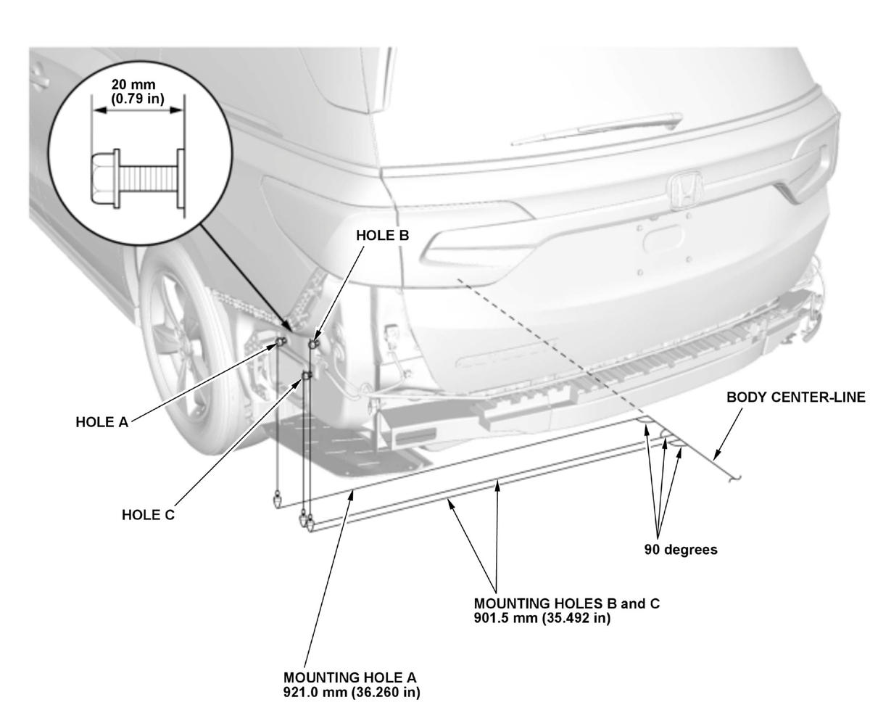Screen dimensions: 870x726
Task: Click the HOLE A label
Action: pos(102,422)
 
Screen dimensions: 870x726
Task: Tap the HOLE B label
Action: pos(383,236)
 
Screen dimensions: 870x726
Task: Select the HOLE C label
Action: pos(148,515)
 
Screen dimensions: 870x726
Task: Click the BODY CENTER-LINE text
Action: pos(796,397)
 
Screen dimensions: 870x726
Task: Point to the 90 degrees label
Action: pos(681,549)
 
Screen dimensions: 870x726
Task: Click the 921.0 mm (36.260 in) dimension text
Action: pos(352,692)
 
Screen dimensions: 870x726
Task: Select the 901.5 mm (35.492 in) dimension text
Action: pos(542,618)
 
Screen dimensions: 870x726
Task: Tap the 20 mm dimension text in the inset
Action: pos(133,85)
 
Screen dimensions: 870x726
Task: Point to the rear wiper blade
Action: pos(597,130)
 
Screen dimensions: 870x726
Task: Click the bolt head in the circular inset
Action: pos(105,178)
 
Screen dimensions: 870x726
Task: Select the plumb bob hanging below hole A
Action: pos(276,500)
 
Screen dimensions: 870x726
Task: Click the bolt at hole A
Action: pos(281,342)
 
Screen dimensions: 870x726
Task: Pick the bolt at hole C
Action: pos(307,376)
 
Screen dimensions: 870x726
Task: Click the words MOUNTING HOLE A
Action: pos(349,677)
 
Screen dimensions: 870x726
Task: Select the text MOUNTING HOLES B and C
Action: pos(567,603)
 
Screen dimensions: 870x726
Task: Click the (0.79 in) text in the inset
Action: pos(137,99)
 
